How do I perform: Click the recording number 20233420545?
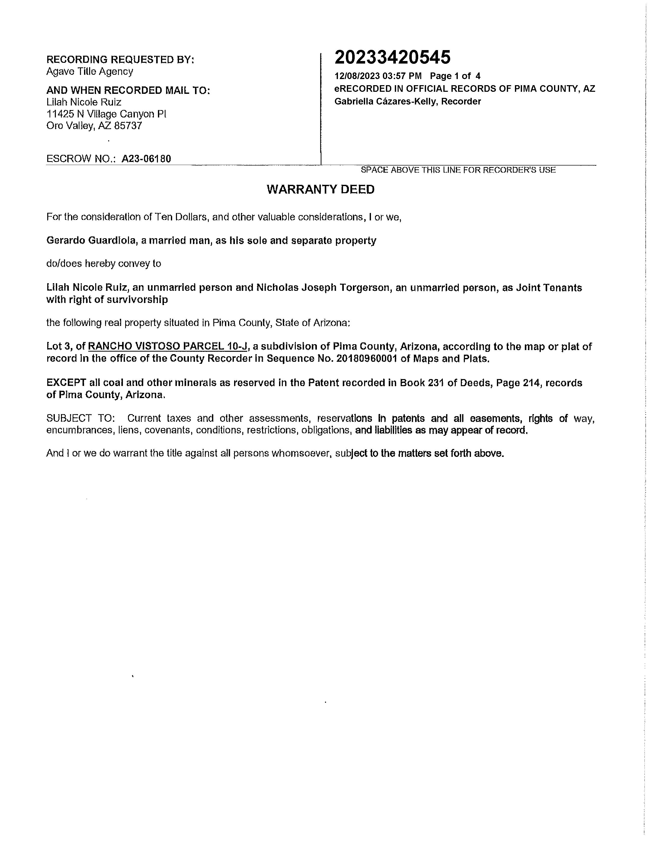[x=392, y=58]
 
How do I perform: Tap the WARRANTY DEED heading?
[x=320, y=189]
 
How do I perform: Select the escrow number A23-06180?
[x=146, y=159]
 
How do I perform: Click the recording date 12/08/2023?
[x=357, y=76]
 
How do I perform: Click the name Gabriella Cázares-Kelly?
[x=385, y=101]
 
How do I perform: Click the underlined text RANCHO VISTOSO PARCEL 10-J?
[x=168, y=346]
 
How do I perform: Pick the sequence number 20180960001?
[x=367, y=358]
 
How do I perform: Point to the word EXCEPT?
[x=66, y=383]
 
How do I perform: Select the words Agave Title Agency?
[x=90, y=71]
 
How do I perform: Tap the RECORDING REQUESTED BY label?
[x=120, y=60]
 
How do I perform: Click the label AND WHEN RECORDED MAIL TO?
[x=128, y=90]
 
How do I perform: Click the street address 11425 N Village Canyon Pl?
[x=106, y=114]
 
